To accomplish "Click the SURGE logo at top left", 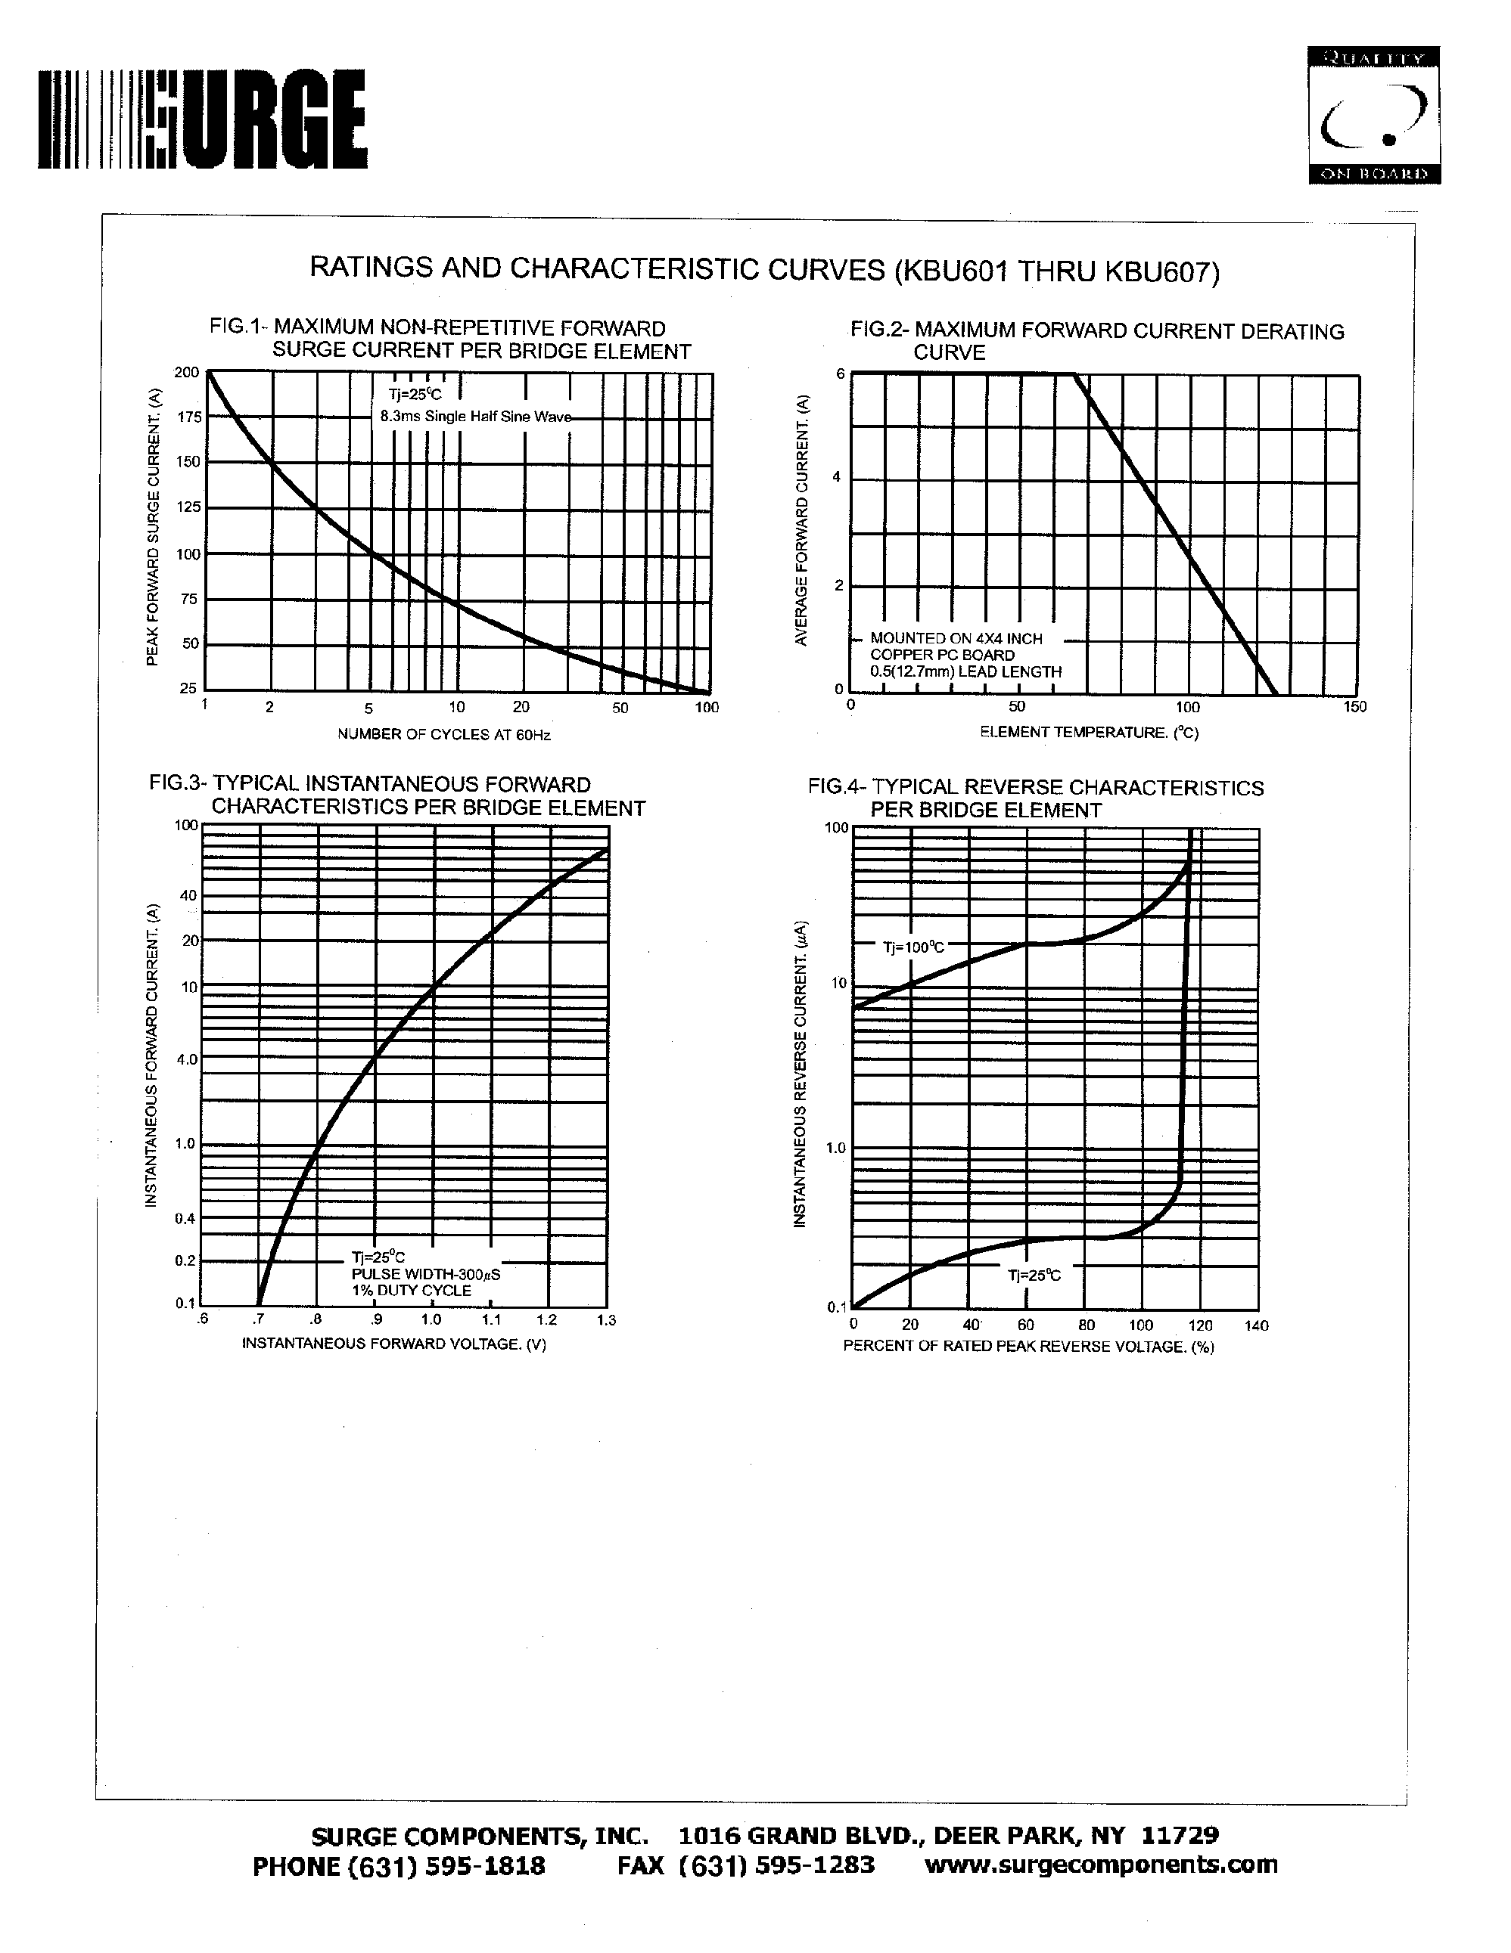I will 202,119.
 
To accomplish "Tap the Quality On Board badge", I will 1373,116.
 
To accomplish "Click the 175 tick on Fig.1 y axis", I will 188,417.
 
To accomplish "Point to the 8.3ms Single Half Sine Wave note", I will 475,417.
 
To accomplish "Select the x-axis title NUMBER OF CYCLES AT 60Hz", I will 443,735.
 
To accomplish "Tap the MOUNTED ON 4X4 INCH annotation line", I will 956,638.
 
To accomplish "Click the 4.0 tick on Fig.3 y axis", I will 186,1059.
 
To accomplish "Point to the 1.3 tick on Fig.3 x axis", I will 605,1321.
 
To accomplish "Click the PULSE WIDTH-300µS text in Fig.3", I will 426,1274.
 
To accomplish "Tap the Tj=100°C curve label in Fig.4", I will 913,947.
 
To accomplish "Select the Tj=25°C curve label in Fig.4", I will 1034,1276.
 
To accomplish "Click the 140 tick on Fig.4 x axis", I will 1256,1326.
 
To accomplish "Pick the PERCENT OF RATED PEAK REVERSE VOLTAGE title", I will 1029,1347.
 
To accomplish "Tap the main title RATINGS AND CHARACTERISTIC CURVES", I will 764,269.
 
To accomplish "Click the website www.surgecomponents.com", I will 1100,1865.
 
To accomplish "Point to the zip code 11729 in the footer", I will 1180,1836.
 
